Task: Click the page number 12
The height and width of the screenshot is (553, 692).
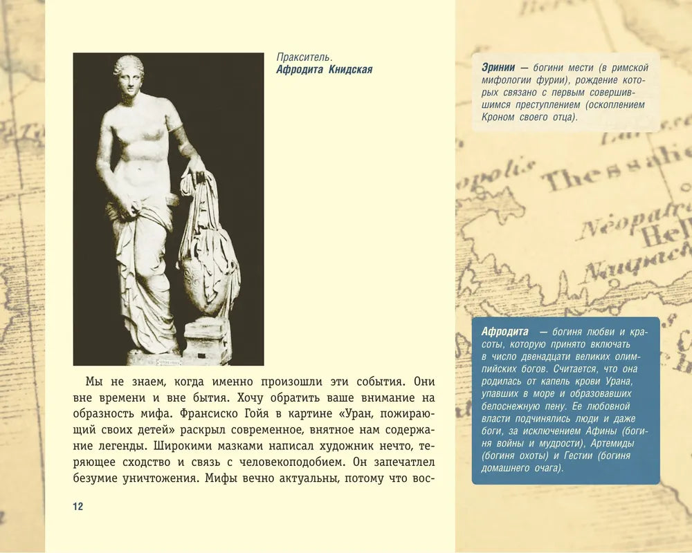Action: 78,507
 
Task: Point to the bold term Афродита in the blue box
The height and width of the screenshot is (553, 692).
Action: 505,332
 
